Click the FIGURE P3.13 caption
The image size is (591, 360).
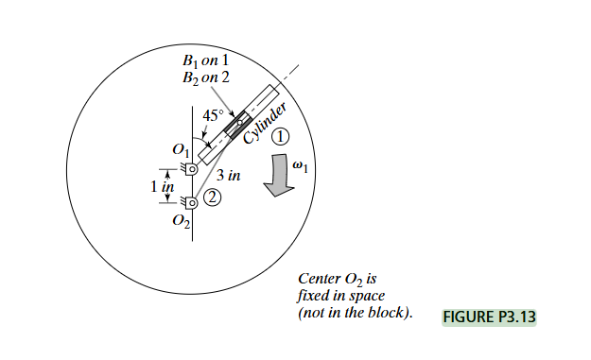[x=488, y=317]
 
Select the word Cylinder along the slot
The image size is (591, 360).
[x=265, y=125]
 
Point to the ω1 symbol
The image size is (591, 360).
[x=302, y=165]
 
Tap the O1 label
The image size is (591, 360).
[x=179, y=149]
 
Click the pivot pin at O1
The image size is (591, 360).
[x=192, y=169]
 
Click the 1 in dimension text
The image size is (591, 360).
[x=163, y=186]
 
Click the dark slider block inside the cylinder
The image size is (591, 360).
[x=236, y=124]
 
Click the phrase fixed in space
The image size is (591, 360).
[x=338, y=295]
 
